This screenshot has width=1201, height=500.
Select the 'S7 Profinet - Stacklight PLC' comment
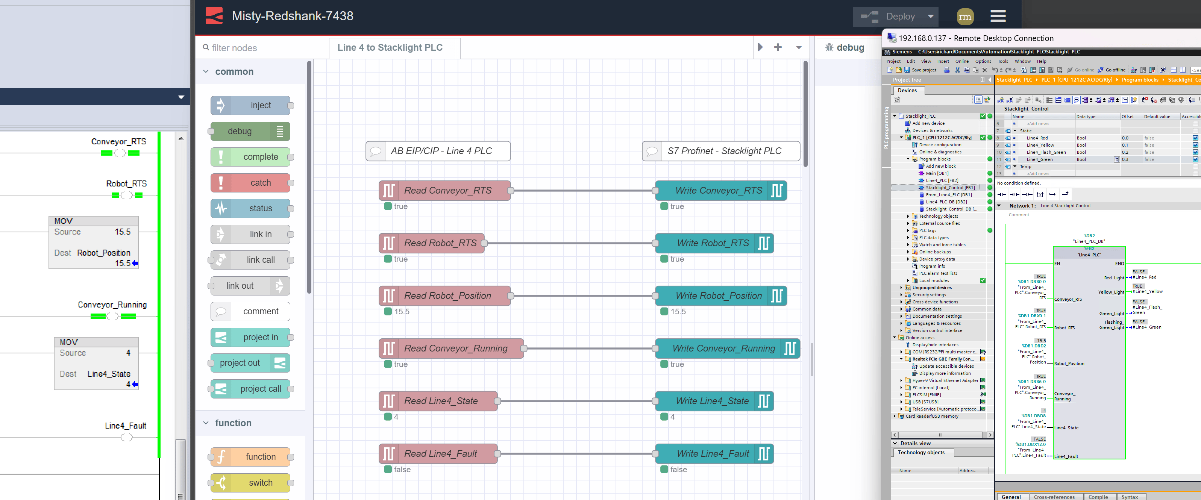(x=723, y=151)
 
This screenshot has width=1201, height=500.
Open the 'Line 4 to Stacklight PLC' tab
(x=390, y=47)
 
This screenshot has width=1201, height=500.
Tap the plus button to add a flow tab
(x=778, y=47)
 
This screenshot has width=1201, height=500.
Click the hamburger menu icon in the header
(x=998, y=16)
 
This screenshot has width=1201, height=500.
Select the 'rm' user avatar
(x=964, y=17)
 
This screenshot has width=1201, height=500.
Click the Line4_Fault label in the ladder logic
(x=126, y=426)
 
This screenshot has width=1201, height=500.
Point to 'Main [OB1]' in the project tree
(x=937, y=173)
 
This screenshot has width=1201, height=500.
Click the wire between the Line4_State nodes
(x=576, y=401)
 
